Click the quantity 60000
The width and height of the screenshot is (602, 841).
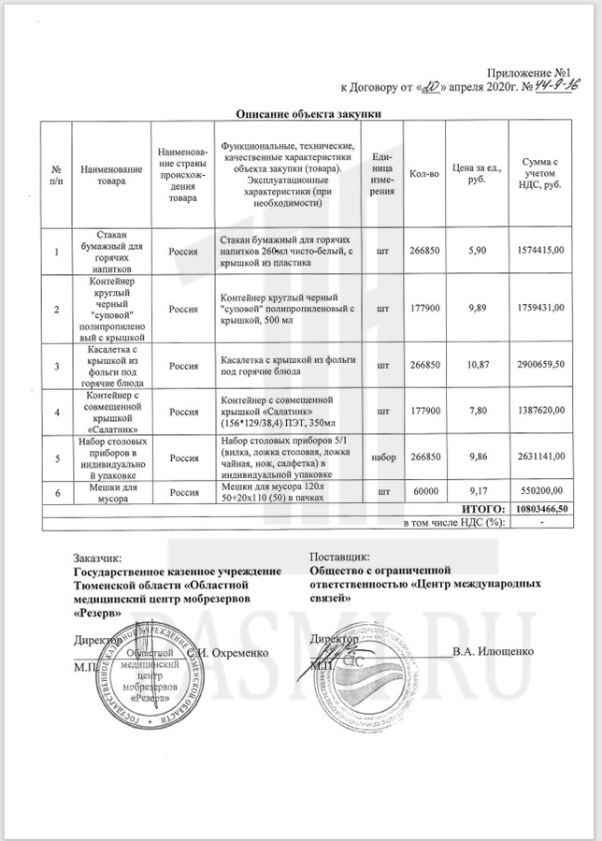coord(425,490)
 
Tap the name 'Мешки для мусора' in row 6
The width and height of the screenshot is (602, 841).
coord(117,490)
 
